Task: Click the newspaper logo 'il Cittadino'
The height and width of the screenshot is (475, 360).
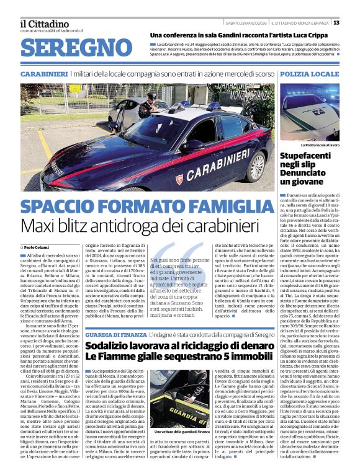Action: (45, 24)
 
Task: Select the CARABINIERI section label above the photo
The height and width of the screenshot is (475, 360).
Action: (43, 74)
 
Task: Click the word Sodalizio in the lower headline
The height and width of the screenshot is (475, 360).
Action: (112, 346)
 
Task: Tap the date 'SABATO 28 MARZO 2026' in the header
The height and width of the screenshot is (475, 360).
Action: (246, 23)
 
